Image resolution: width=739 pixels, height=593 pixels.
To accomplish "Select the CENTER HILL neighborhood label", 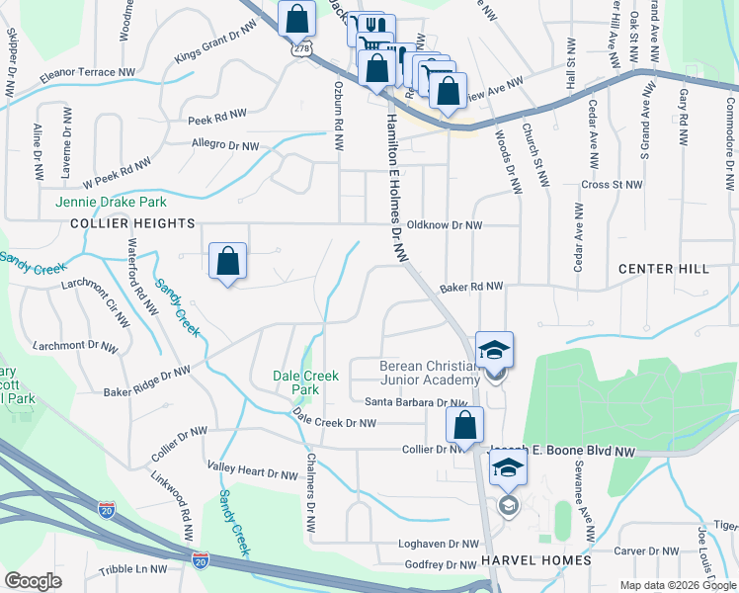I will click(x=663, y=269).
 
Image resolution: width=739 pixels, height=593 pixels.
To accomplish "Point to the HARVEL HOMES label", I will click(x=536, y=560).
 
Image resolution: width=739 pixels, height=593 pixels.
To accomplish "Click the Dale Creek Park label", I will click(x=306, y=382).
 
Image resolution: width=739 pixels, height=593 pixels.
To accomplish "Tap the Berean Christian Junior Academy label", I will click(x=430, y=373).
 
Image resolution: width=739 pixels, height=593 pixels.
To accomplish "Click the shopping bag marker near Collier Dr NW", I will click(x=463, y=426).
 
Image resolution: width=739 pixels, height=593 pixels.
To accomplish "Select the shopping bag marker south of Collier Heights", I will click(x=227, y=263).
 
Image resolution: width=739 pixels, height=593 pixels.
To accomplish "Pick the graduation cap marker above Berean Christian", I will click(x=494, y=350).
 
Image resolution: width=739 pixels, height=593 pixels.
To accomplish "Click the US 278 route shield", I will click(x=300, y=47).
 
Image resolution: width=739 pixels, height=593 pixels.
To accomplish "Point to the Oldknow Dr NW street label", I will click(x=445, y=225).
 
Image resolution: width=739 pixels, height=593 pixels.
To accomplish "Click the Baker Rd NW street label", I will click(x=471, y=287).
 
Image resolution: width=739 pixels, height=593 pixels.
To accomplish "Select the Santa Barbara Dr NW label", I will click(x=416, y=402).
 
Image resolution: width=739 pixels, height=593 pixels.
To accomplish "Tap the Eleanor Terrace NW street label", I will click(x=88, y=74).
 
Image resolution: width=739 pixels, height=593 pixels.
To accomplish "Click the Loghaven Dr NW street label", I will click(x=438, y=544).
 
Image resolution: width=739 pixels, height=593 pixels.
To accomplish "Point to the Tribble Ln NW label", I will click(x=133, y=570).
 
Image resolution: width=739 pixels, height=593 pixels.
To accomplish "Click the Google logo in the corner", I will click(x=33, y=582).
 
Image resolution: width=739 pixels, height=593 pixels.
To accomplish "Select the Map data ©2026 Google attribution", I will click(x=678, y=585).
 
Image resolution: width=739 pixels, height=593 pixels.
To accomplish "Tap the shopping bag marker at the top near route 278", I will click(x=296, y=17).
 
